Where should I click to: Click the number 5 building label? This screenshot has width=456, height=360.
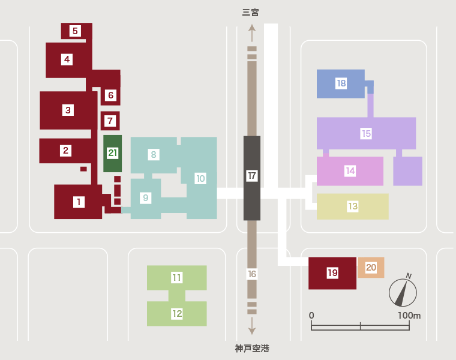75,31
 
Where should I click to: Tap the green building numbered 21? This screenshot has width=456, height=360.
113,153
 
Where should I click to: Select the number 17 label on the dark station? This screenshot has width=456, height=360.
252,176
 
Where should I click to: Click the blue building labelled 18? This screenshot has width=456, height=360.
341,84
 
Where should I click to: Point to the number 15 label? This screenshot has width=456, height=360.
366,133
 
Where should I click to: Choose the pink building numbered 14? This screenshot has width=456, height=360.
350,171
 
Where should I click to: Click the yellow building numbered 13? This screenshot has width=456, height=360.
352,206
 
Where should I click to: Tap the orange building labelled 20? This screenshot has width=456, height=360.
371,267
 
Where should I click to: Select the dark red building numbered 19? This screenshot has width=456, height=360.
332,273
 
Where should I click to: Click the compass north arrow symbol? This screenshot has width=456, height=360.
403,292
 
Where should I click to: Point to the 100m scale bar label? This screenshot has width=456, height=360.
409,316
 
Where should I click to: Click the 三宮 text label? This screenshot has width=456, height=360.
250,13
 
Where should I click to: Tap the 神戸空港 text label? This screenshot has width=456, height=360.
252,349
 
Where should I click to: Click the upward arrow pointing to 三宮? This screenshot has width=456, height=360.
252,33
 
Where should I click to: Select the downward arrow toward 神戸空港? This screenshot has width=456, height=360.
252,326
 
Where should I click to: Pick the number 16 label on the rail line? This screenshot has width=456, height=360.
252,274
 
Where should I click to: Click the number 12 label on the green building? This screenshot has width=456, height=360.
177,314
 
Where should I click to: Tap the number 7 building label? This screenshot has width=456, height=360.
110,121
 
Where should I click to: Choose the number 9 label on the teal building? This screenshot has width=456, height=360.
145,198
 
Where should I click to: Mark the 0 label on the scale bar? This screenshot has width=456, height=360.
311,316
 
